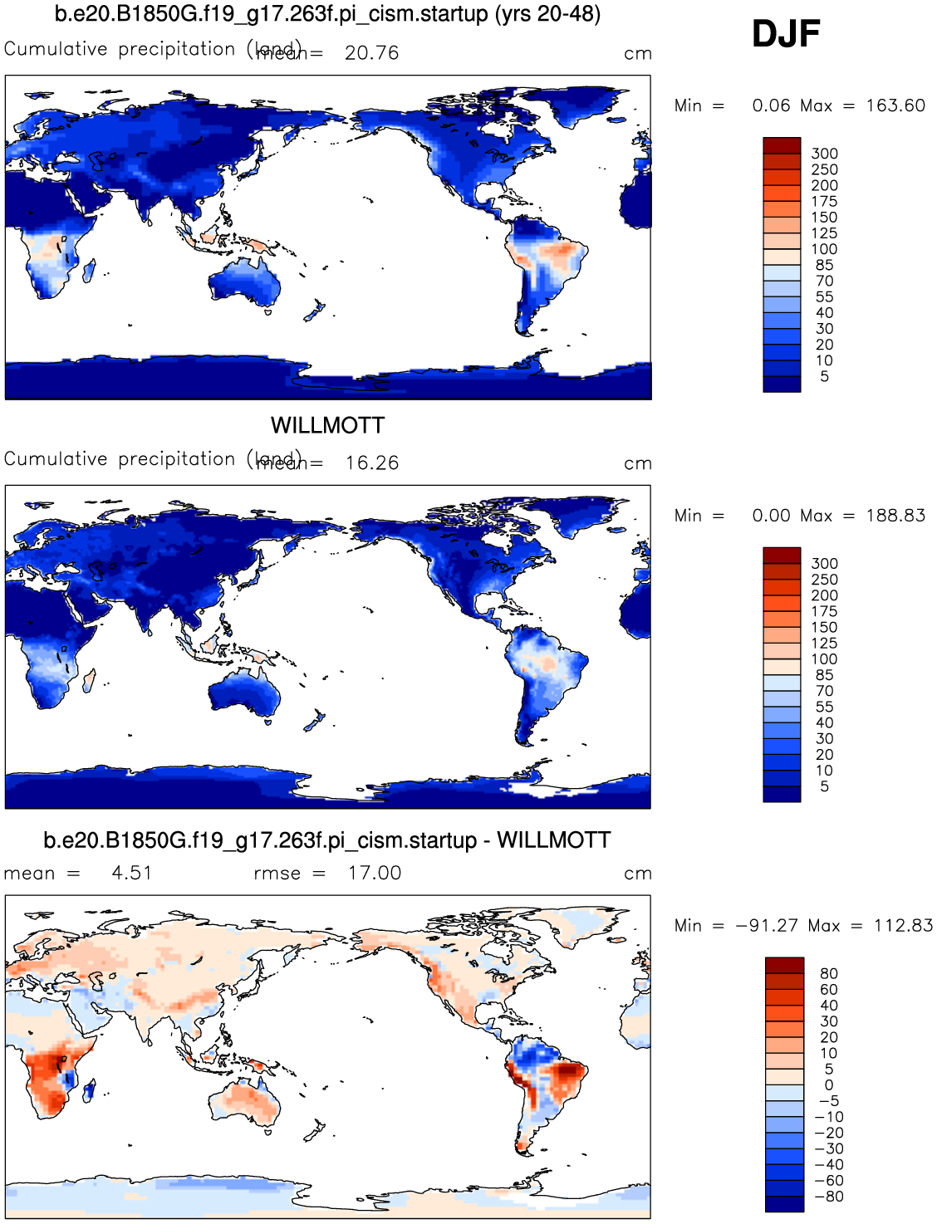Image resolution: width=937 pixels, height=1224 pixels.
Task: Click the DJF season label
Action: (x=785, y=34)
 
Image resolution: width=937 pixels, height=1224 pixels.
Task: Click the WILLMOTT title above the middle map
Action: (x=327, y=425)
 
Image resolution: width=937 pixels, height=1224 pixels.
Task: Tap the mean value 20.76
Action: (x=371, y=53)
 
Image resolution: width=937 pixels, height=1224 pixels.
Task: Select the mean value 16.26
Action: (x=372, y=463)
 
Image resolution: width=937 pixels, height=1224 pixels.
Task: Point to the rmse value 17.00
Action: (x=375, y=874)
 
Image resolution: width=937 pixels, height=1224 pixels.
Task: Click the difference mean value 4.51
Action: (x=131, y=874)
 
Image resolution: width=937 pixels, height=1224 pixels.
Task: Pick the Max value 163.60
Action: (x=895, y=105)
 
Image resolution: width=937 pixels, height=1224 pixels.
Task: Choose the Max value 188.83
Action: (x=895, y=516)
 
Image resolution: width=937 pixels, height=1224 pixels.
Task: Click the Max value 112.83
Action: (x=903, y=926)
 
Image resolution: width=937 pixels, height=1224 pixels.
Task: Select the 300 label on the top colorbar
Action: (x=824, y=154)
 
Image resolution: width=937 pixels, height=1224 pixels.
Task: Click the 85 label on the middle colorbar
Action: (x=824, y=675)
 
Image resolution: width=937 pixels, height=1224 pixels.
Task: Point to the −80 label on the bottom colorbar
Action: (x=828, y=1197)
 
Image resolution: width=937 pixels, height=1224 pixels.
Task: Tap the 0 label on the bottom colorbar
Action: (x=828, y=1085)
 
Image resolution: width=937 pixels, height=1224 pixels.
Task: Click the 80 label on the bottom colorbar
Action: (x=828, y=974)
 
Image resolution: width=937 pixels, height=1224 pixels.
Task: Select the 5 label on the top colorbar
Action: (x=824, y=376)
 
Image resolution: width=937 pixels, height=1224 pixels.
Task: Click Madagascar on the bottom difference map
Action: (x=89, y=1089)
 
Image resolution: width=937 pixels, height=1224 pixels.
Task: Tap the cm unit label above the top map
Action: (x=637, y=54)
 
